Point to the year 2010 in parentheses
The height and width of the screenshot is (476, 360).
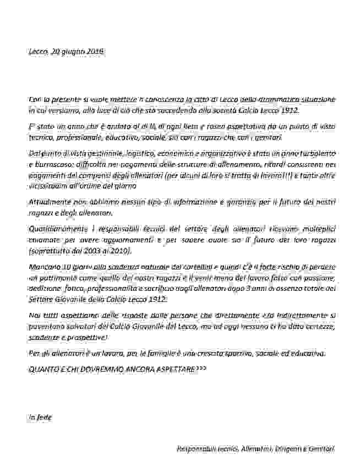tap(121, 251)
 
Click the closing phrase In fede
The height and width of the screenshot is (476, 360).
tap(40, 417)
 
